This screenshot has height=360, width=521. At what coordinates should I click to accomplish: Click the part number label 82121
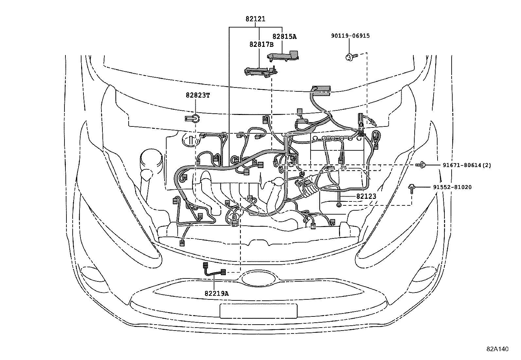(255, 19)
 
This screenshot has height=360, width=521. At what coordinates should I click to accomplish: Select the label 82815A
(284, 37)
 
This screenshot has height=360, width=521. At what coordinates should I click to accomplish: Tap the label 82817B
(261, 45)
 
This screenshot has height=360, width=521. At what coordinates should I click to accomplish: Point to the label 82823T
(198, 95)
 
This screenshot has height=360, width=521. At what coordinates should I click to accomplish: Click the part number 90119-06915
(350, 36)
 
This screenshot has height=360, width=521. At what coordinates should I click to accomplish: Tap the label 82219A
(216, 294)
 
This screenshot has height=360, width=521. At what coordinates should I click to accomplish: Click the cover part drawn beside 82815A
(283, 56)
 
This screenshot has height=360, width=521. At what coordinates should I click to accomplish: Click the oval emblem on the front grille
(259, 278)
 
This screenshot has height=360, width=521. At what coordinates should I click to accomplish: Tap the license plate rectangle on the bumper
(259, 311)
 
